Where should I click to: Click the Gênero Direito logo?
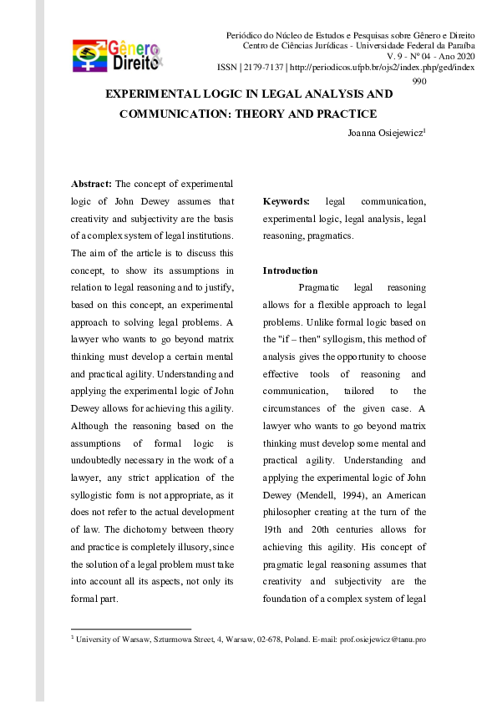[117, 54]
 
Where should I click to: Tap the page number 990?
[419, 80]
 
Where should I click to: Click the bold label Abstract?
[91, 183]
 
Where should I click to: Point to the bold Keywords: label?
[286, 201]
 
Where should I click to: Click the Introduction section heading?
[290, 271]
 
